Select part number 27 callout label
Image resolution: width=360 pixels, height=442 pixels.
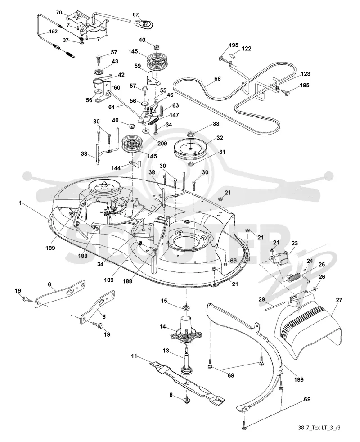(339, 300)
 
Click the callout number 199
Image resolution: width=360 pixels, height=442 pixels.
(299, 379)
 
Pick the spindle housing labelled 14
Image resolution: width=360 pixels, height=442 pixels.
(186, 328)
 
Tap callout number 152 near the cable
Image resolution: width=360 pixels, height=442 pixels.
(53, 32)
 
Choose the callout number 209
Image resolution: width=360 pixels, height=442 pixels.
(162, 144)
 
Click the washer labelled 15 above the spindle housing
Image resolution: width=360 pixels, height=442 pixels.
(186, 307)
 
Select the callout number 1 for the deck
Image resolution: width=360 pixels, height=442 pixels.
(20, 203)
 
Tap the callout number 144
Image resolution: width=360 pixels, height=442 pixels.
(116, 168)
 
